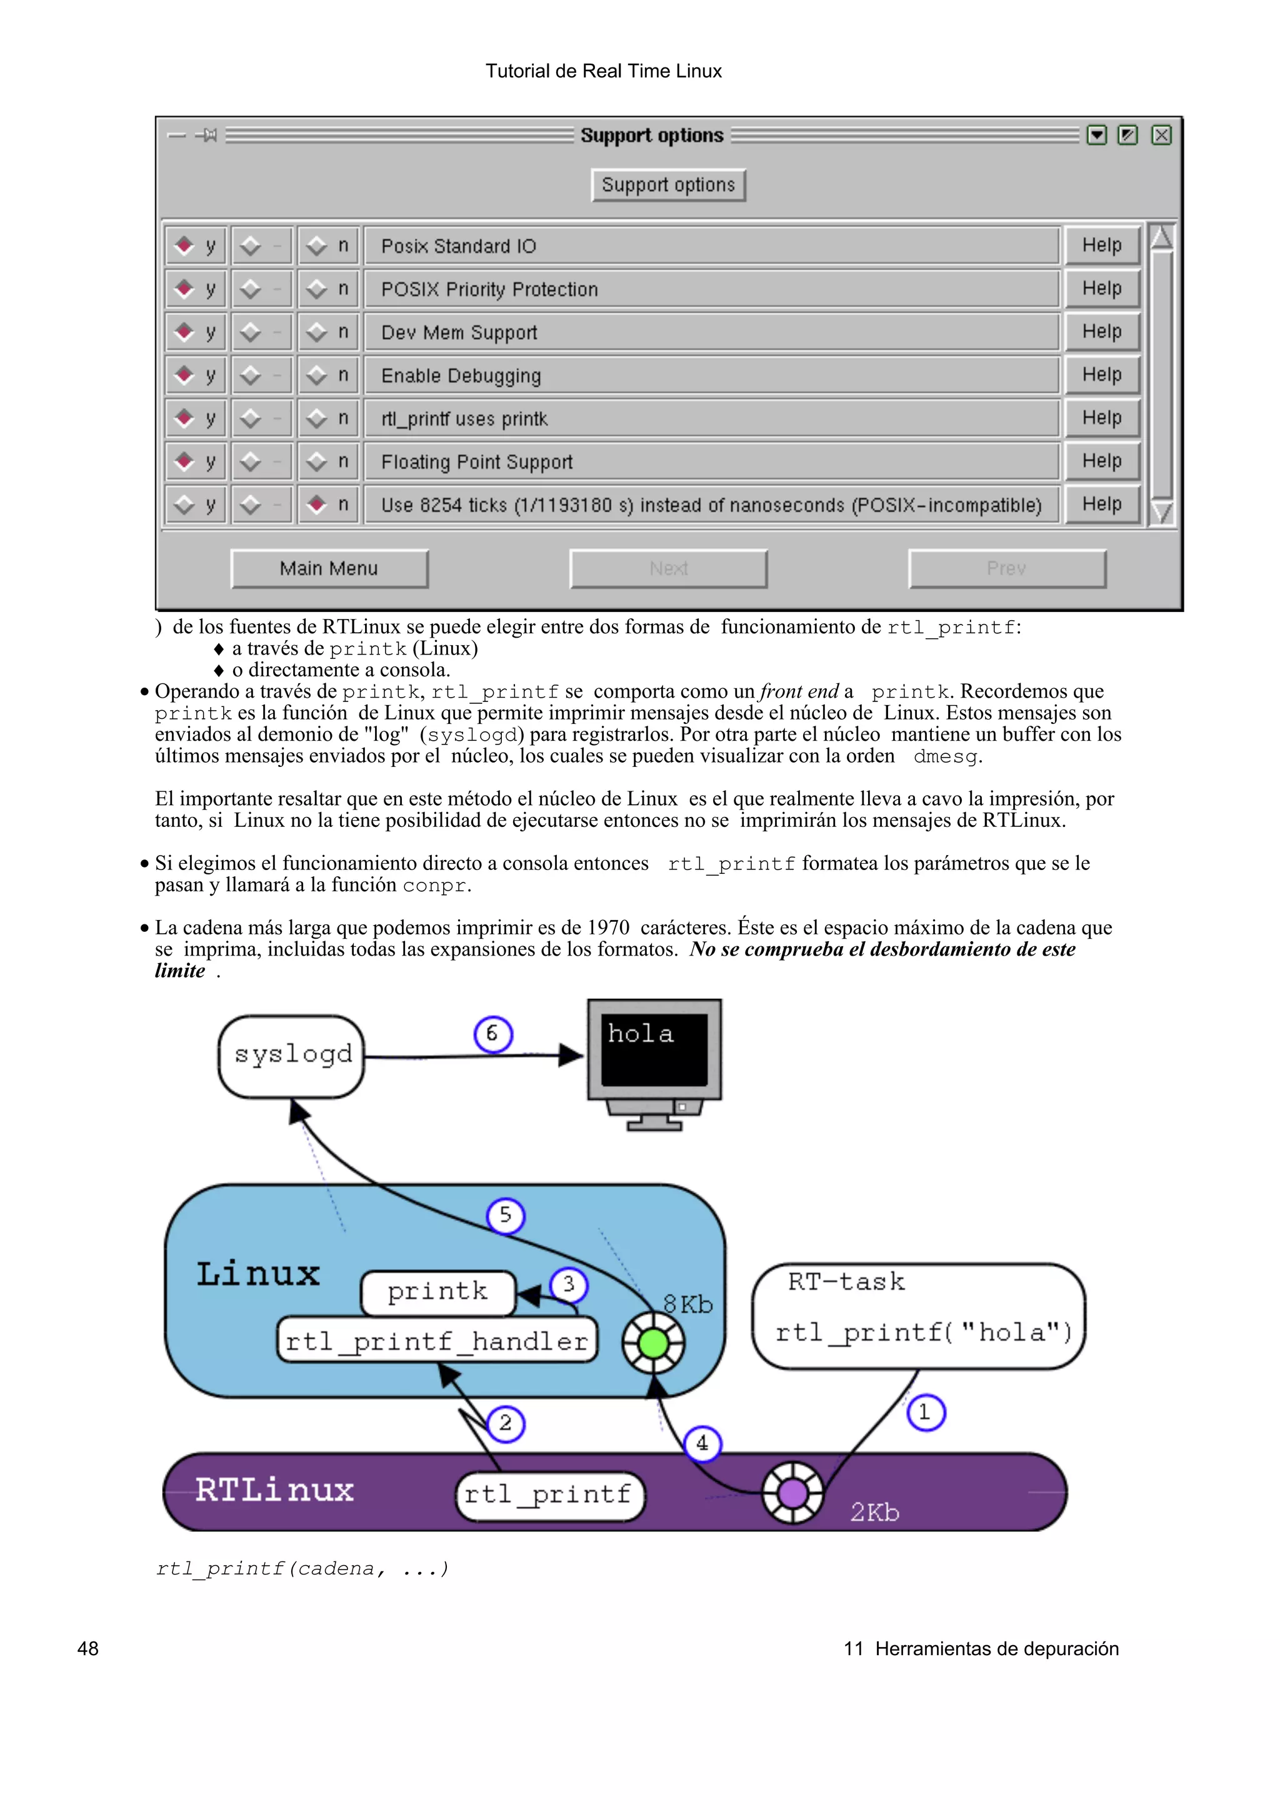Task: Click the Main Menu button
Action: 329,568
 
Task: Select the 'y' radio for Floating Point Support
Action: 184,461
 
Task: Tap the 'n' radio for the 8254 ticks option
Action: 317,504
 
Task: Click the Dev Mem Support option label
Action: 459,333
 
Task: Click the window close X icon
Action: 1161,135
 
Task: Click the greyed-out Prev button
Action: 1006,568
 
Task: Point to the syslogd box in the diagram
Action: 292,1055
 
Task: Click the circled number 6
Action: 493,1034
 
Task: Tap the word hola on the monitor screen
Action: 641,1034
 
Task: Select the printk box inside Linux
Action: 437,1291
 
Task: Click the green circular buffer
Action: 653,1343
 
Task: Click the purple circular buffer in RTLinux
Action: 792,1492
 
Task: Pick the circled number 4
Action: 702,1443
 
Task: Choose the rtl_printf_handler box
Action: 437,1341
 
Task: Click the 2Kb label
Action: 874,1512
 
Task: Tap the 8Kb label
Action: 687,1305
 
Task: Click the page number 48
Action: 87,1648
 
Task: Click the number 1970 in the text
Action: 608,928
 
